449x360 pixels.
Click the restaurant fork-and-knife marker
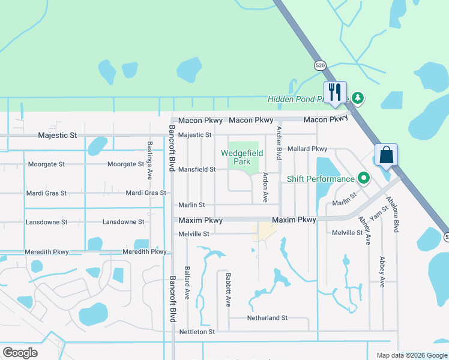tap(335, 92)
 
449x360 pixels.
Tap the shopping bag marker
tap(386, 155)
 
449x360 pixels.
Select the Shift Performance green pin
tap(363, 178)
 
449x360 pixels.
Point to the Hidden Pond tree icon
tap(358, 97)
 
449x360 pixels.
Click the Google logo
tap(20, 353)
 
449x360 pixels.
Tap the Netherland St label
tap(267, 317)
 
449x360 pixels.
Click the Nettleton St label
tap(197, 331)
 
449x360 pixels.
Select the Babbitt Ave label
tap(229, 290)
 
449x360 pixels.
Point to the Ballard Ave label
tap(187, 283)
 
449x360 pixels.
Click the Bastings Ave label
tap(149, 161)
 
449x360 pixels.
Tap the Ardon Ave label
tap(265, 187)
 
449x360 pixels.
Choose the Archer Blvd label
tap(279, 143)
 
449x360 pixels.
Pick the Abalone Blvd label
tap(396, 214)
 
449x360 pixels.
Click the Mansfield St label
tap(197, 169)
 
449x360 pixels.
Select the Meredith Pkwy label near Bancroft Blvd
tap(144, 251)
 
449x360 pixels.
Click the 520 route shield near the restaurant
tap(321, 65)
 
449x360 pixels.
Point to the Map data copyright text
tap(412, 355)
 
